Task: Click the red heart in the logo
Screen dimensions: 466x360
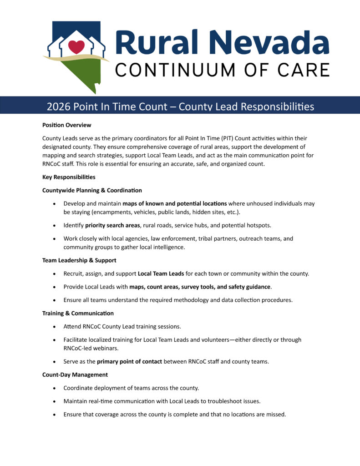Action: (76, 46)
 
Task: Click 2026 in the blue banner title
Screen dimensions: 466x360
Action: (58, 107)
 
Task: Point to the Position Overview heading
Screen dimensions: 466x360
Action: (66, 125)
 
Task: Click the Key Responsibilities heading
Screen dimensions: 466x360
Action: (69, 177)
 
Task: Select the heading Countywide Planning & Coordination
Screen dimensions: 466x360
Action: (92, 190)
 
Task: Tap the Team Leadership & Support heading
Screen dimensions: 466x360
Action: (79, 260)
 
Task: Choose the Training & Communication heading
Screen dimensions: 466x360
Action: (78, 313)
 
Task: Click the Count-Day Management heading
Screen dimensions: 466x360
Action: (75, 375)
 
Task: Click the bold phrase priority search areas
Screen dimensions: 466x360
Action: (112, 225)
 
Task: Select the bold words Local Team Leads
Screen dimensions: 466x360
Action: (161, 274)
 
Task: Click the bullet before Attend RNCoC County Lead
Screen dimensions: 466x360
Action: (55, 327)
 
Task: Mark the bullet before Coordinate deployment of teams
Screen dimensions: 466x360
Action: (55, 388)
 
